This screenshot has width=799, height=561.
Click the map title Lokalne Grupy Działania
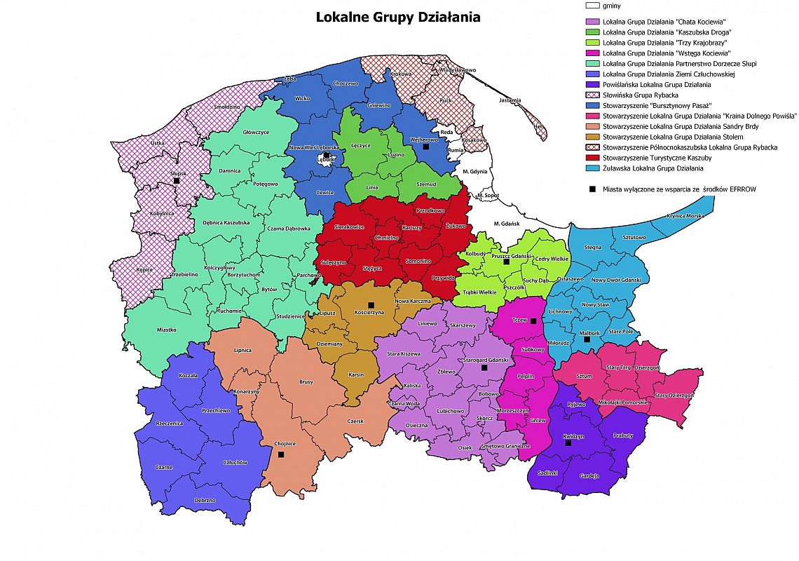pyautogui.click(x=398, y=17)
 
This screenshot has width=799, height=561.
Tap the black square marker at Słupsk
pyautogui.click(x=177, y=180)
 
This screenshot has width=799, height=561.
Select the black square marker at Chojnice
pyautogui.click(x=281, y=454)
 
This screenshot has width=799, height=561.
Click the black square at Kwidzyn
pyautogui.click(x=568, y=443)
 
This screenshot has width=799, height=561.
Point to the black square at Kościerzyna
pyautogui.click(x=371, y=304)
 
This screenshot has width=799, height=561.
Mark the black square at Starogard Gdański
pyautogui.click(x=484, y=367)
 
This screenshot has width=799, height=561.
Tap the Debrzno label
pyautogui.click(x=205, y=500)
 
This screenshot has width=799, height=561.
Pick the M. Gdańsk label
pyautogui.click(x=505, y=223)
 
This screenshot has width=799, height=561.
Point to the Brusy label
pyautogui.click(x=306, y=382)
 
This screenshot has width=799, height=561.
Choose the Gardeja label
pyautogui.click(x=589, y=476)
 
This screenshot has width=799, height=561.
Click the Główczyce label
pyautogui.click(x=257, y=131)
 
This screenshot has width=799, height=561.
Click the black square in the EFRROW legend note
pyautogui.click(x=592, y=189)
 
